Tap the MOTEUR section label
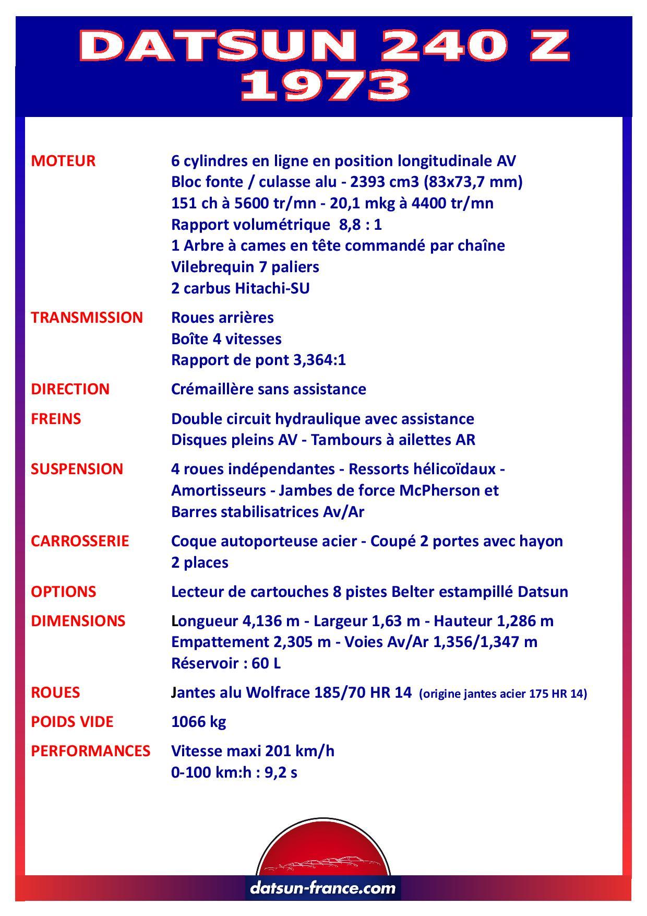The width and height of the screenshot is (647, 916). click(63, 161)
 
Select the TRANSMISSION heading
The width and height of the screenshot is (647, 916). click(87, 318)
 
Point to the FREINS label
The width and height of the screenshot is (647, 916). click(56, 419)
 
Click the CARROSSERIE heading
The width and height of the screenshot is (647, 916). click(80, 541)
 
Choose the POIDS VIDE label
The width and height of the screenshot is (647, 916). click(72, 722)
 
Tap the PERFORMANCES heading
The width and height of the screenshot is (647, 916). click(90, 751)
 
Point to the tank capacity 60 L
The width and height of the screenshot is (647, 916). click(266, 663)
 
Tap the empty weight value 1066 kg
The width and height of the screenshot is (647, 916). click(198, 722)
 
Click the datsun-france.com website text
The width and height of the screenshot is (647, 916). click(323, 888)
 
